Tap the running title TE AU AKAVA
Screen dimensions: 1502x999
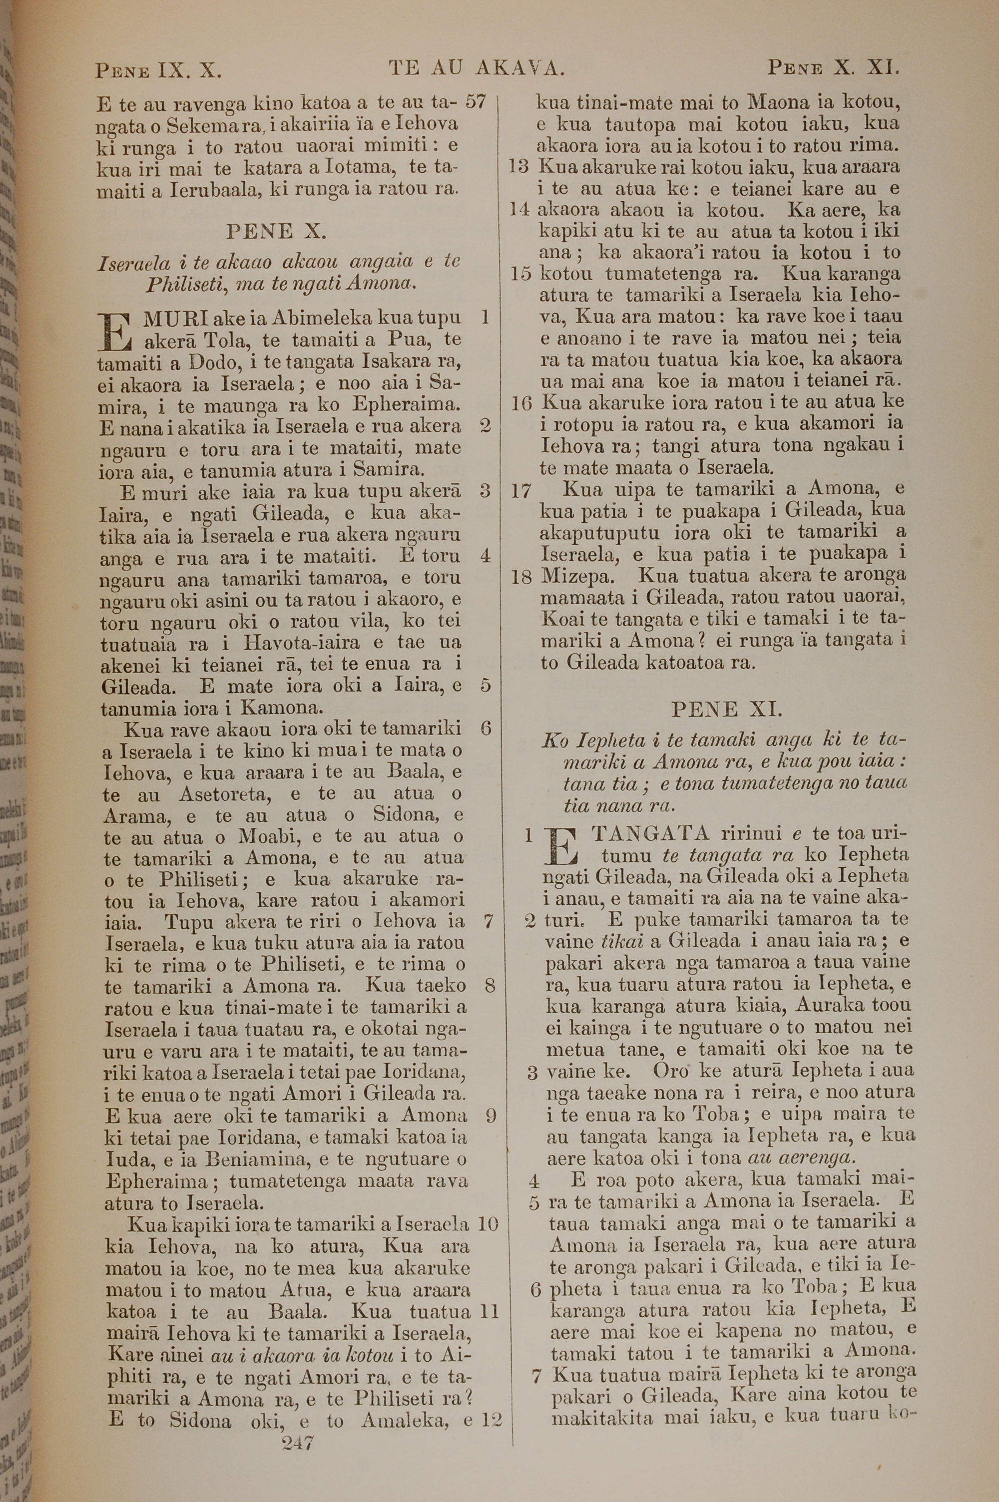point(477,67)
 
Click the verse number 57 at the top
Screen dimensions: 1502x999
point(476,101)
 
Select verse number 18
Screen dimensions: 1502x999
point(521,577)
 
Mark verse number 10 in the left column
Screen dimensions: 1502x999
point(488,1224)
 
